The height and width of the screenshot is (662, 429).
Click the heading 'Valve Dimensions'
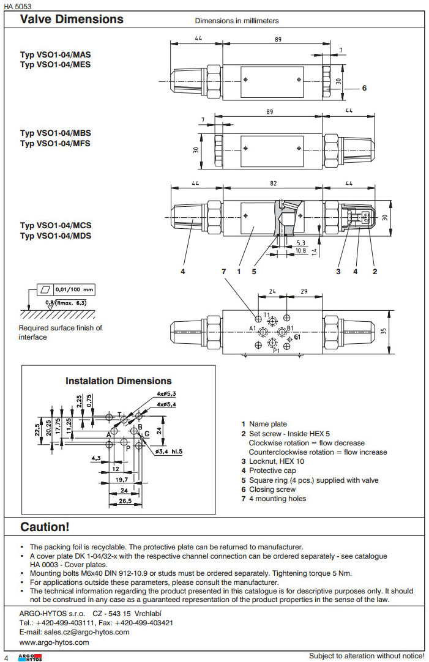[x=72, y=20]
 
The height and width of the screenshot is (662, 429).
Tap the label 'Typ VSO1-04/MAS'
[x=56, y=54]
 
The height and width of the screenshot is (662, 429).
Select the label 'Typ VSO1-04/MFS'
[x=55, y=144]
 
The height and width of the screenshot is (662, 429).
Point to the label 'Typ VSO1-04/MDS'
[x=56, y=236]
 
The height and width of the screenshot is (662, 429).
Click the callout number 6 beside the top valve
[x=364, y=88]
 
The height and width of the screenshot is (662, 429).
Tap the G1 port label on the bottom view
[x=297, y=337]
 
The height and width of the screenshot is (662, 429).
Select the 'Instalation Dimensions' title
[x=119, y=381]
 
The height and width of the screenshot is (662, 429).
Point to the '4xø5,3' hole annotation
[x=166, y=394]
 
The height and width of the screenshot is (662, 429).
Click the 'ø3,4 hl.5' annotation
[x=169, y=452]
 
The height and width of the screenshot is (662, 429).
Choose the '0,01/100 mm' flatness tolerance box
[x=66, y=289]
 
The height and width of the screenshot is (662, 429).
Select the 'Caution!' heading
[x=45, y=527]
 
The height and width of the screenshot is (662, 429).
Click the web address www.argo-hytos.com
[x=54, y=642]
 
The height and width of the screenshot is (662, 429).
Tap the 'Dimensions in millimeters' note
[x=237, y=21]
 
